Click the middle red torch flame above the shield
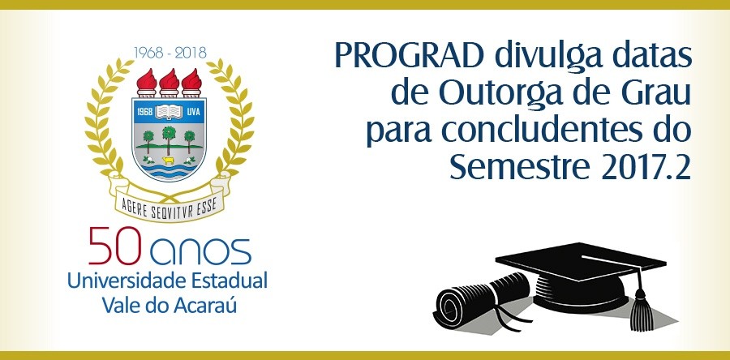tap(169, 79)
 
